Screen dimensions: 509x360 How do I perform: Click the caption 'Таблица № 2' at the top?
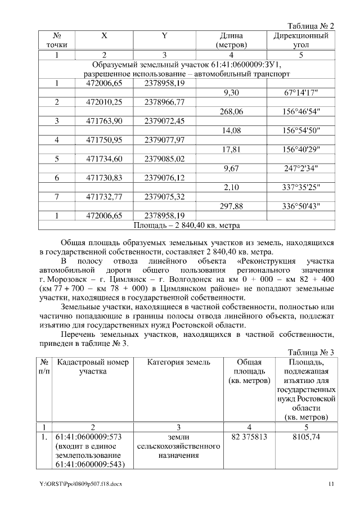click(x=310, y=26)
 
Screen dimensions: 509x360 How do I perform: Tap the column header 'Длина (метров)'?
click(x=231, y=40)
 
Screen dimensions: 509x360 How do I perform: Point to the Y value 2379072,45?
click(x=165, y=121)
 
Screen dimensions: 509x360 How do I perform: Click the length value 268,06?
click(x=231, y=111)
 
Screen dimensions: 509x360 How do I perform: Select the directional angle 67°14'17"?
click(x=301, y=92)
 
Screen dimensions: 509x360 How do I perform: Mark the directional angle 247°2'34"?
click(x=301, y=168)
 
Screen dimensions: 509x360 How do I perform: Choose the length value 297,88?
click(x=231, y=206)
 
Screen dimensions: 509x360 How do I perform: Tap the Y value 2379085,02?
click(x=165, y=159)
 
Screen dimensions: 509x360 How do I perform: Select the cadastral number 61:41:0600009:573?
click(x=90, y=436)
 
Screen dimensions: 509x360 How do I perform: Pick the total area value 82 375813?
click(x=248, y=436)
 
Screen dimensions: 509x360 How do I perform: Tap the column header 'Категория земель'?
click(x=178, y=362)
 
